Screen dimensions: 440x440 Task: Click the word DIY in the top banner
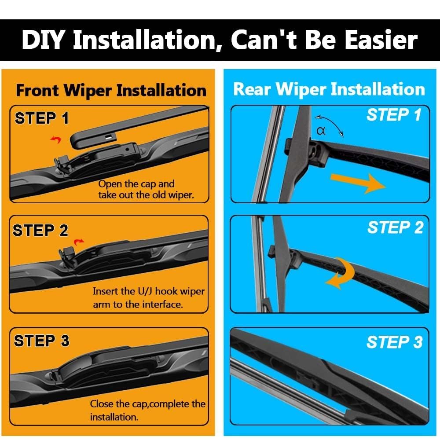44,40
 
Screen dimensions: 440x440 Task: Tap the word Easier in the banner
381,40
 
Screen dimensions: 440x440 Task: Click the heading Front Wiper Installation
111,90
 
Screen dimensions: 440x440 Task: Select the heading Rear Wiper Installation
329,89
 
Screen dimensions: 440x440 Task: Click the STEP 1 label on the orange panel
41,118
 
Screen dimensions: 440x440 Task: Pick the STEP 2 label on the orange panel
40,230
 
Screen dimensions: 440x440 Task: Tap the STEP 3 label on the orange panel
41,341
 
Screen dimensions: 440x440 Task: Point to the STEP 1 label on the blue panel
394,115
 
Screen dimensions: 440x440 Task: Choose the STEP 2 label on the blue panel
395,227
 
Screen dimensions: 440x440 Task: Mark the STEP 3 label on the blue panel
394,342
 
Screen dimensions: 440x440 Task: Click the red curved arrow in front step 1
56,139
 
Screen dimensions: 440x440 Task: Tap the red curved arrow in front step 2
79,242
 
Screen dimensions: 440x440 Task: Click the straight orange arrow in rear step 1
358,183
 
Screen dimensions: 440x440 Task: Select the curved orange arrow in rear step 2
344,273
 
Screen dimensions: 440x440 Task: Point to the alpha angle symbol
321,131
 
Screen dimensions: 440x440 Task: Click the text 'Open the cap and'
136,184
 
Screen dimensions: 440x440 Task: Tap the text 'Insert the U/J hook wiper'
149,291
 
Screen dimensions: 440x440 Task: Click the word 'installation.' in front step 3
114,417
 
